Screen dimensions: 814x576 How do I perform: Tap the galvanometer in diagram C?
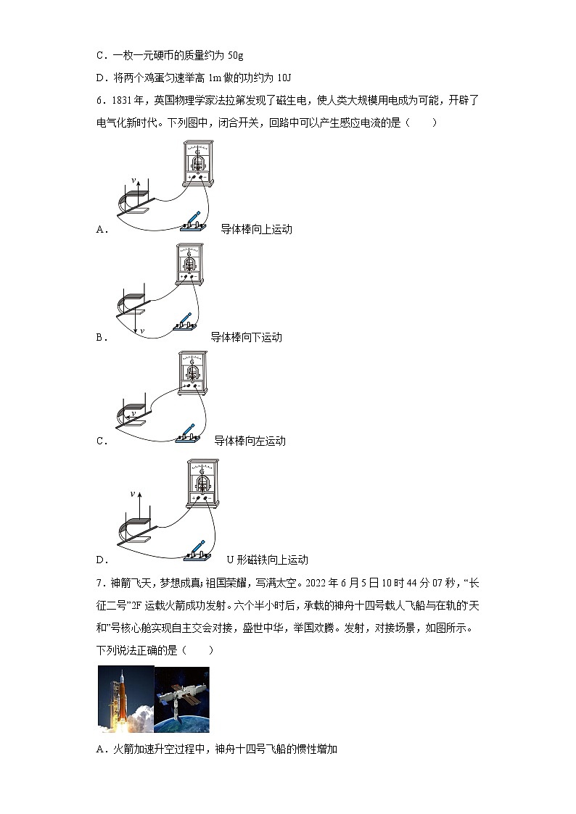coord(192,375)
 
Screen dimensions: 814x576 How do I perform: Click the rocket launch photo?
coord(126,699)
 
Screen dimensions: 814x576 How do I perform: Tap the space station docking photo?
coord(181,699)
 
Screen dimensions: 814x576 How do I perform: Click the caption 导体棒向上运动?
coord(256,229)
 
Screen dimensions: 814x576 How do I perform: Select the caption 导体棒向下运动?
coord(246,337)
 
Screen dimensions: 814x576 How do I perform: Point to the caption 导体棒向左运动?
coord(250,441)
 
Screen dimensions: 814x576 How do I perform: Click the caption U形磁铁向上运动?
coord(267,560)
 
